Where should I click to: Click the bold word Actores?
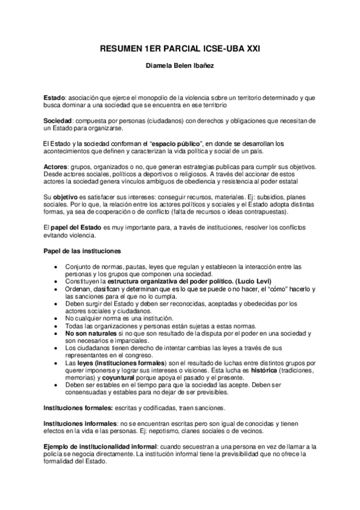pos(56,165)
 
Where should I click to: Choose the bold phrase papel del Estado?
pos(78,229)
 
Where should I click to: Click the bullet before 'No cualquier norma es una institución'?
pos(56,318)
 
